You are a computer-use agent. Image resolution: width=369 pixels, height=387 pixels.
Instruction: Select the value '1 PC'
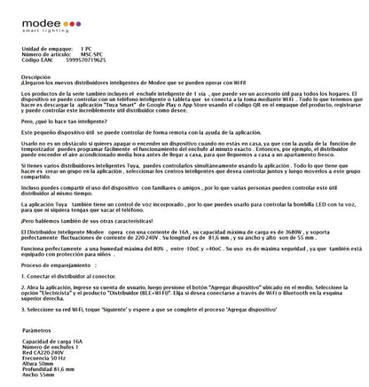[x=86, y=48]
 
